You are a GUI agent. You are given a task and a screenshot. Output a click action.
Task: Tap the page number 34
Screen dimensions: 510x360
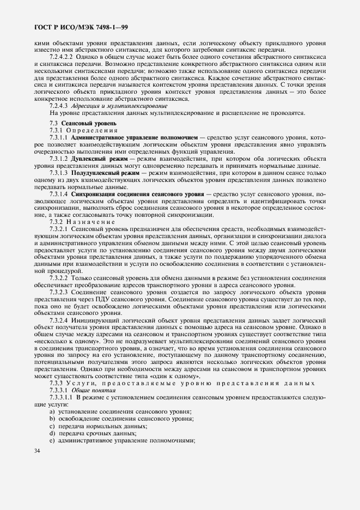tap(37, 451)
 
